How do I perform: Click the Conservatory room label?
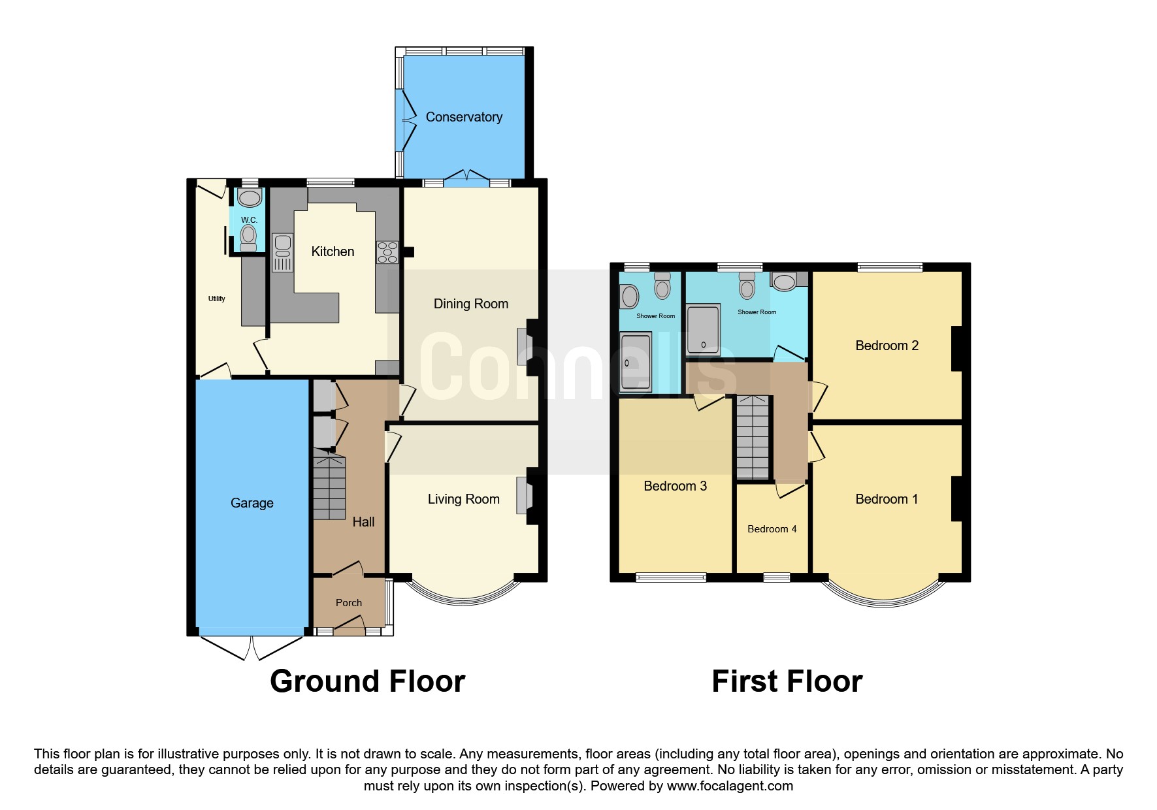point(464,117)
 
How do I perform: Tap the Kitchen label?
point(333,251)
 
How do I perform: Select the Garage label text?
point(252,503)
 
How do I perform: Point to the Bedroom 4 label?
point(772,529)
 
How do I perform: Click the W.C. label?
point(249,220)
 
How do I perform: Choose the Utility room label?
point(216,299)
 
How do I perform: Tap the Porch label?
point(349,603)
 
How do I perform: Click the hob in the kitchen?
point(387,252)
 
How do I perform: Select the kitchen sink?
point(282,252)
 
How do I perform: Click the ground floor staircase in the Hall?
point(329,484)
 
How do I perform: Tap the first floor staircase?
point(753,437)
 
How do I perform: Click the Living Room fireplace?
point(527,496)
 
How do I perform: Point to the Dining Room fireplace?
point(527,347)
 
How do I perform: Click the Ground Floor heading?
point(367,681)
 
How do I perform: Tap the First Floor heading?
point(787,681)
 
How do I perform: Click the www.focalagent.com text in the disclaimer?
point(730,786)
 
